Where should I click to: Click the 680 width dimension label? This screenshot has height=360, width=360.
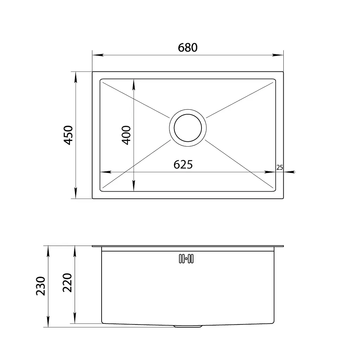point(188,47)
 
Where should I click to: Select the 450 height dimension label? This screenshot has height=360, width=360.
point(68,135)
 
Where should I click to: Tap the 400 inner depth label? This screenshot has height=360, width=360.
point(126,135)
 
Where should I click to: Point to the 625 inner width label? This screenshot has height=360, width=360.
point(183,165)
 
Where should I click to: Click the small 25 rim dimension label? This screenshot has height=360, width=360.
point(279,167)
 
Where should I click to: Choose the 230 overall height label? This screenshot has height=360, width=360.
point(41,286)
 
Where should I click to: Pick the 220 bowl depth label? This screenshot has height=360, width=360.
point(67,283)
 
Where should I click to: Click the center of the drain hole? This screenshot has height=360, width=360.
point(188,128)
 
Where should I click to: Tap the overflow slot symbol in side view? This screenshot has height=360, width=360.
point(186,259)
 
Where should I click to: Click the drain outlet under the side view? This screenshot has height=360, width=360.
point(188,326)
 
